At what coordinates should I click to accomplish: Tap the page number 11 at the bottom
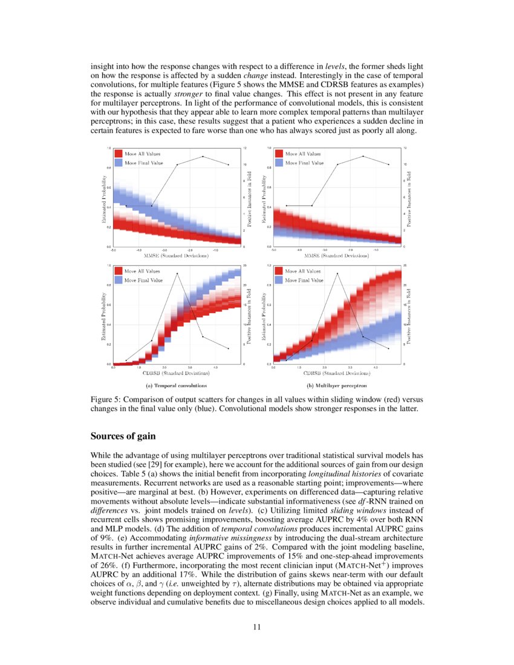256,626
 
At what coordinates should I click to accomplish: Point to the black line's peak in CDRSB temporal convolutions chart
177,273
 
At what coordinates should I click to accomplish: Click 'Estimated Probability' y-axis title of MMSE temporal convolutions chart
104,197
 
